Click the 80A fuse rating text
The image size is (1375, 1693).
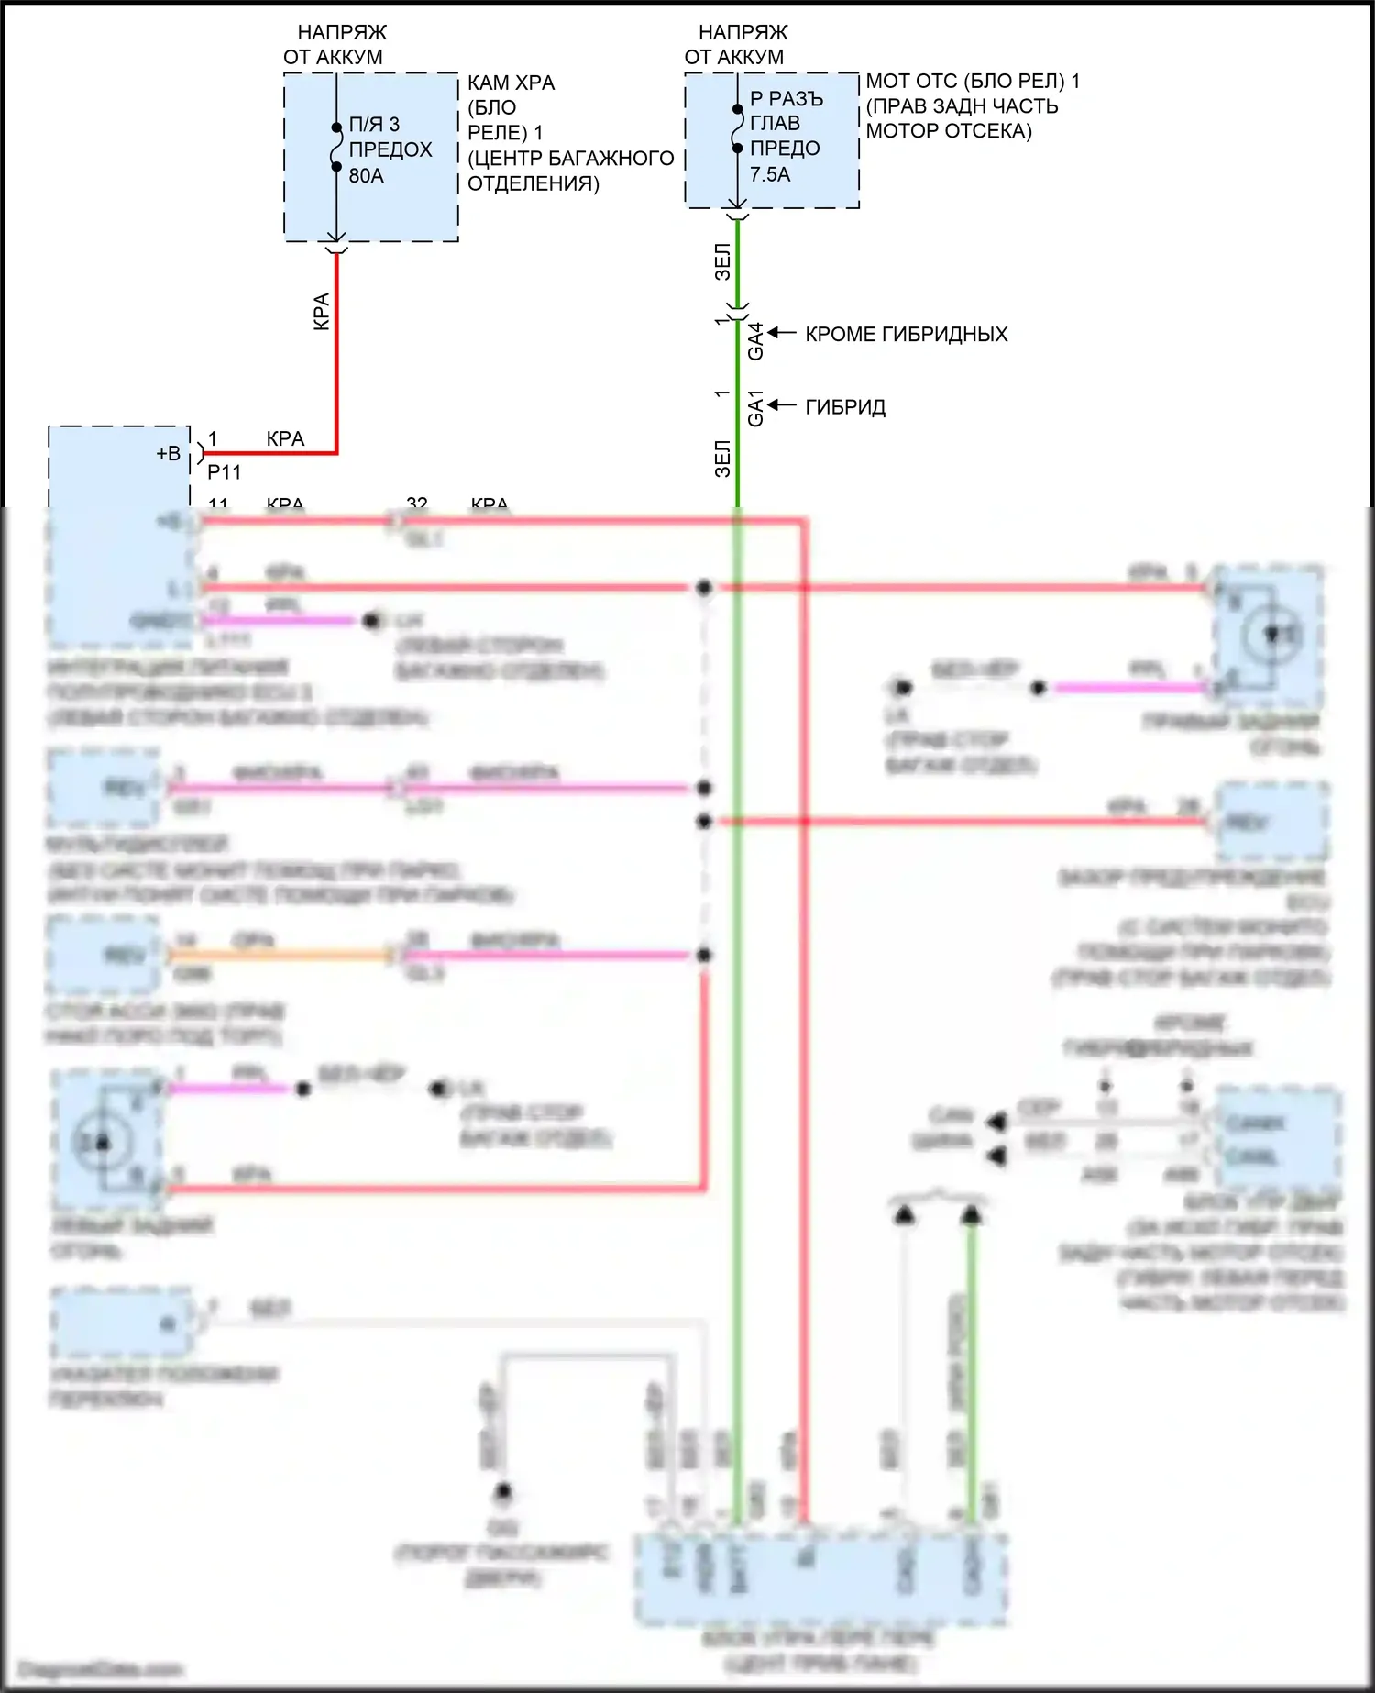point(366,175)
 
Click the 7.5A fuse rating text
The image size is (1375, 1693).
point(769,174)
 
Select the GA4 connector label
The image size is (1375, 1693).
point(755,341)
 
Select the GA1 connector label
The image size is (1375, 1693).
point(755,408)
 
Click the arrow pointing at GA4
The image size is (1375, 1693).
point(781,333)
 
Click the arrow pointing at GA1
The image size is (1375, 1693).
point(781,405)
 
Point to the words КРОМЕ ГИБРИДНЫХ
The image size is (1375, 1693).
point(906,334)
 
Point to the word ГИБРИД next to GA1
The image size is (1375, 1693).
point(845,407)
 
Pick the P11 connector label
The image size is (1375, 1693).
point(224,472)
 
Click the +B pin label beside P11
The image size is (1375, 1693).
point(168,453)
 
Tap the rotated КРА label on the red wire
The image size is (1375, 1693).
point(321,312)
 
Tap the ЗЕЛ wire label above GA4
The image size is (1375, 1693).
point(722,261)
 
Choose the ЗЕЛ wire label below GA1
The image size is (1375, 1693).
point(722,459)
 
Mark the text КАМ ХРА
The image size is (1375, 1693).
point(511,83)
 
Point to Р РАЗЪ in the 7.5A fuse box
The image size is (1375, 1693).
point(786,98)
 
